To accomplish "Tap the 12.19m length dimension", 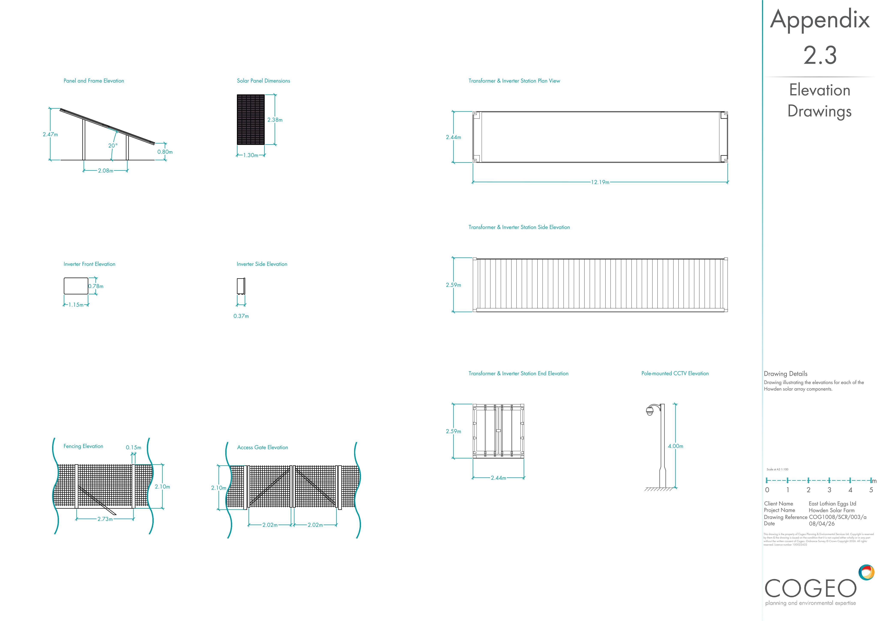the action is [x=600, y=182].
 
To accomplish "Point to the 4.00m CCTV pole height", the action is [x=676, y=446].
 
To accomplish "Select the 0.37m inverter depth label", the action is [x=241, y=316].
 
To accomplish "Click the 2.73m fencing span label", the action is [x=105, y=519].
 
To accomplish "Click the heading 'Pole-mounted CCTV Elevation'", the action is [x=675, y=374].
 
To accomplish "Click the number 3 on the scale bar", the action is [x=829, y=490].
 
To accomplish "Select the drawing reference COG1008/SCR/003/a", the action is [x=837, y=517].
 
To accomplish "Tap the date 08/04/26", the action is [x=822, y=524].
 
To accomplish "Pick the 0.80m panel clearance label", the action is [x=165, y=152].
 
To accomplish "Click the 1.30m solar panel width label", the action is [x=251, y=155].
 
